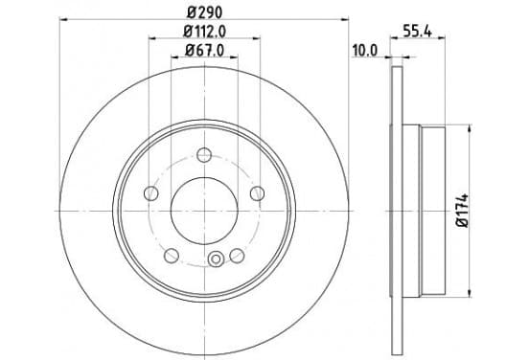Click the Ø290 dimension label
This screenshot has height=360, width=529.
tap(205, 12)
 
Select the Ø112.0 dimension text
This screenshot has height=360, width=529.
tap(204, 32)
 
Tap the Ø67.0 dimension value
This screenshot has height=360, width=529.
tap(204, 51)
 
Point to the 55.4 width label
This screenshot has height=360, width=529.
tap(418, 32)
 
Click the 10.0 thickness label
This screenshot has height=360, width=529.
tap(365, 51)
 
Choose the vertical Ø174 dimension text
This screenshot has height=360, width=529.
tap(463, 211)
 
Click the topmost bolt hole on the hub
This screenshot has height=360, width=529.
tap(204, 155)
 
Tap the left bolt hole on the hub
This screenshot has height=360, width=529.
tap(150, 193)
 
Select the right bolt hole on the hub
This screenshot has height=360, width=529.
tap(257, 193)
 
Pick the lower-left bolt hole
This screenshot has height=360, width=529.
tap(171, 256)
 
